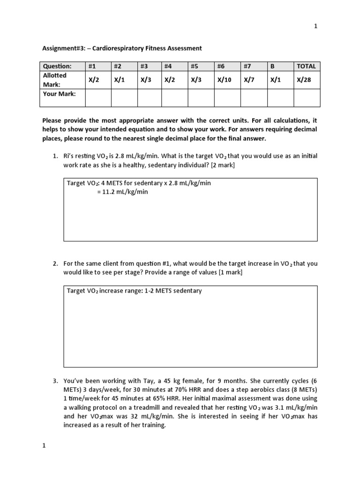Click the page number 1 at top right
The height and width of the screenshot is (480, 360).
pos(315,26)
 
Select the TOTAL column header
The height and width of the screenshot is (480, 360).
pos(307,66)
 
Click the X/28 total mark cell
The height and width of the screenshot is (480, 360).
pos(304,80)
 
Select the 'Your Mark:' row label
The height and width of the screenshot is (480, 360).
pos(59,93)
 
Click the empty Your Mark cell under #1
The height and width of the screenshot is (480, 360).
pos(98,97)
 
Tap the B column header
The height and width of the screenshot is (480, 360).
pos(273,66)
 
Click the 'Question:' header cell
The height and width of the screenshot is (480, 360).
pos(57,66)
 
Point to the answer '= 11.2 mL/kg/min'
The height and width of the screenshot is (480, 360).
pos(122,192)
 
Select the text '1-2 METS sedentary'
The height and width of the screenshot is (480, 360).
pos(174,291)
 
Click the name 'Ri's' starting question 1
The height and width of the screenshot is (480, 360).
pos(70,155)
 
